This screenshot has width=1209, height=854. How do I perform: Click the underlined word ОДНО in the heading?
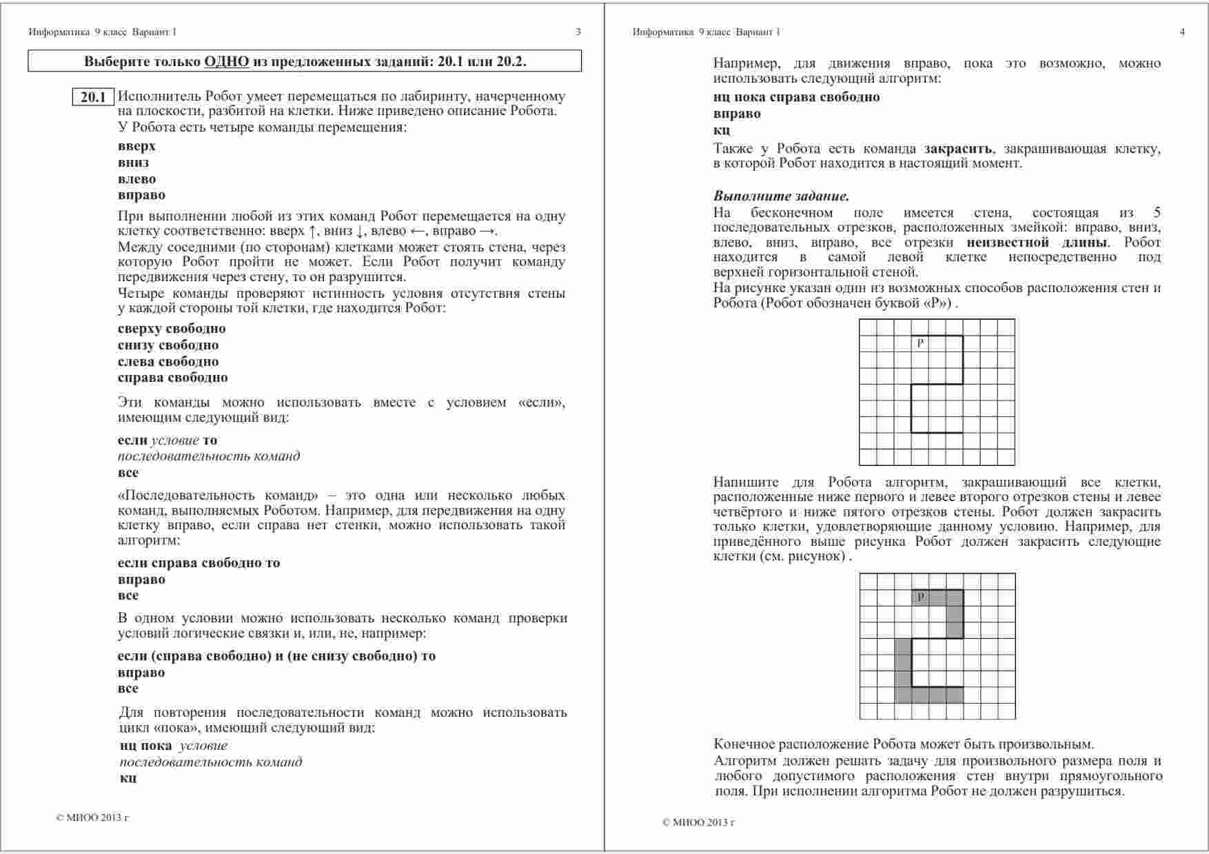click(x=226, y=61)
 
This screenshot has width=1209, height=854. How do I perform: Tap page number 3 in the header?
click(x=578, y=32)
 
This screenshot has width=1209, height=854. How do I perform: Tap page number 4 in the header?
click(x=1182, y=32)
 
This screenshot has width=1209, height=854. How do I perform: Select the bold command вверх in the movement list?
click(x=136, y=146)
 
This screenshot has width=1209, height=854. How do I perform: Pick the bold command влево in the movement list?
click(x=136, y=179)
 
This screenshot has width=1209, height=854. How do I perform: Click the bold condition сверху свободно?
click(x=172, y=329)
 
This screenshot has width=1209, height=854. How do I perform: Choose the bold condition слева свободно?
click(x=168, y=362)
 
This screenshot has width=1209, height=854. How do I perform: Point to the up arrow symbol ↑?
click(x=312, y=232)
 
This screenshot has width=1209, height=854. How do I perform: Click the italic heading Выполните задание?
click(x=781, y=196)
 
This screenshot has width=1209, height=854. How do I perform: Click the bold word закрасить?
click(x=957, y=149)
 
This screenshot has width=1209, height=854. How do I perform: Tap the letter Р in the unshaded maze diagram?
click(x=920, y=343)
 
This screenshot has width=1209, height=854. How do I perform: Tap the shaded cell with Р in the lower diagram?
click(x=920, y=598)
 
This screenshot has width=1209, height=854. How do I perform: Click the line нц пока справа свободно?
click(x=796, y=97)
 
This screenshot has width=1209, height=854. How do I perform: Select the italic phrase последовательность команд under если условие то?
click(x=209, y=456)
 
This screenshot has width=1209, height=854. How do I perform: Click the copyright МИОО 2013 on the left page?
click(x=92, y=818)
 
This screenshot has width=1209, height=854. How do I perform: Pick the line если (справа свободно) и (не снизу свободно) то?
click(x=276, y=656)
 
